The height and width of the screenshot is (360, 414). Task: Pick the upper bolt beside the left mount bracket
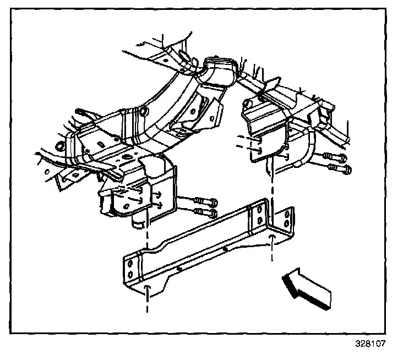(x=205, y=201)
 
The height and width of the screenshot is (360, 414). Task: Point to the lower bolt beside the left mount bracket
(x=205, y=212)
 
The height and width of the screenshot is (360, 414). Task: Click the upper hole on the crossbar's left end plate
(x=129, y=264)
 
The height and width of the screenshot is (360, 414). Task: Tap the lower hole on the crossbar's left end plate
(x=130, y=274)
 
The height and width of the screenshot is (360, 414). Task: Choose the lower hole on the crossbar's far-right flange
(x=286, y=224)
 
